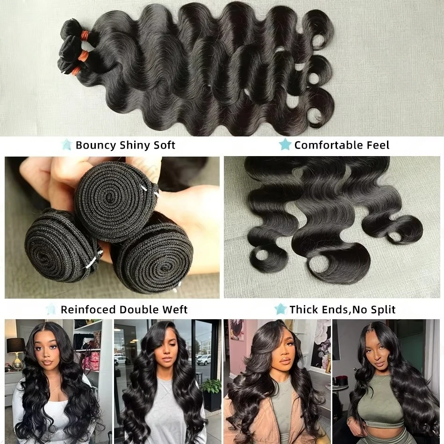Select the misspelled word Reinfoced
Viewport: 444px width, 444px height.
tap(88, 309)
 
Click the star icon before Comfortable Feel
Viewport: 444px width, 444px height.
tap(285, 144)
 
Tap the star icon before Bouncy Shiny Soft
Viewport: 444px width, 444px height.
tap(66, 144)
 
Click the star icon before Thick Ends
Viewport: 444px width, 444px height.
tap(280, 309)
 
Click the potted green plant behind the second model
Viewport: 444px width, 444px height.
tap(212, 388)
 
